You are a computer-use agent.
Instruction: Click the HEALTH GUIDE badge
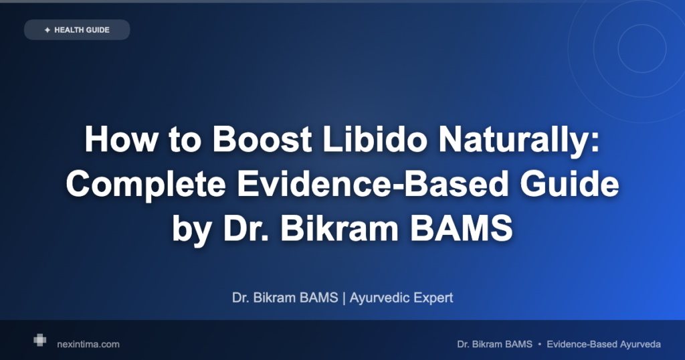tap(77, 29)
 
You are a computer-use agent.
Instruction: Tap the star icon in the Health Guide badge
tap(47, 30)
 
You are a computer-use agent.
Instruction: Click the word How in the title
tap(121, 139)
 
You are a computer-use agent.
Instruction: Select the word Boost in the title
tap(262, 139)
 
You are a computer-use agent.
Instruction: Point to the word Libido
tap(375, 139)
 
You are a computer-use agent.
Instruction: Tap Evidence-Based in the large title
tap(373, 183)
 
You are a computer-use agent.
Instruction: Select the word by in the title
tap(192, 229)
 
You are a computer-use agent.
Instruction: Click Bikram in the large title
tap(339, 228)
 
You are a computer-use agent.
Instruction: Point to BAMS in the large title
tap(462, 228)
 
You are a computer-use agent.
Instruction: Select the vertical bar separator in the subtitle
tap(344, 298)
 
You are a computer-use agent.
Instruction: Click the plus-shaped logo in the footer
tap(39, 340)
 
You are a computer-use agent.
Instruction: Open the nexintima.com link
tap(88, 344)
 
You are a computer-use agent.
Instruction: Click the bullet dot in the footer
tap(540, 344)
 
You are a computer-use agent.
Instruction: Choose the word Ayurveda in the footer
tap(640, 344)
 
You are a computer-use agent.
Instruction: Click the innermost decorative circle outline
tap(618, 48)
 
